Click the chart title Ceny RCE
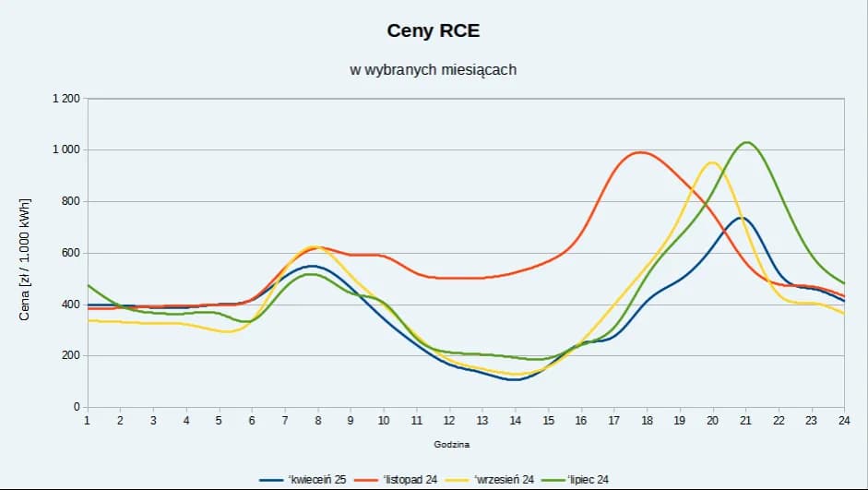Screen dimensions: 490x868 [x=434, y=31]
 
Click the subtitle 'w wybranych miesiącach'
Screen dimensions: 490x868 [x=434, y=70]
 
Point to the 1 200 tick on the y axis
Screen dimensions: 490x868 [x=65, y=99]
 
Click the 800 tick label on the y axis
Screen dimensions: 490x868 [x=70, y=201]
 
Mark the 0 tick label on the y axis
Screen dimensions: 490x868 [x=77, y=407]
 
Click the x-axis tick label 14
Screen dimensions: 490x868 [x=516, y=421]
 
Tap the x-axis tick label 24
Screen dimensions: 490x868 [x=844, y=421]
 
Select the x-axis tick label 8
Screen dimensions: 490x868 [x=317, y=421]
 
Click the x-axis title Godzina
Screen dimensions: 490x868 [x=452, y=445]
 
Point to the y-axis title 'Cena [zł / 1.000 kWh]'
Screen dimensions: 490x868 [x=25, y=259]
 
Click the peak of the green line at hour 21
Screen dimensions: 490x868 [x=746, y=142]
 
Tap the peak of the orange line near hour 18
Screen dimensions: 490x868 [x=640, y=152]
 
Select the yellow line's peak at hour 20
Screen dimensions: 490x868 [x=712, y=162]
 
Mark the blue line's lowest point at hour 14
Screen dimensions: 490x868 [x=515, y=379]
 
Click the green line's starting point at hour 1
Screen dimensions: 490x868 [x=88, y=285]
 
